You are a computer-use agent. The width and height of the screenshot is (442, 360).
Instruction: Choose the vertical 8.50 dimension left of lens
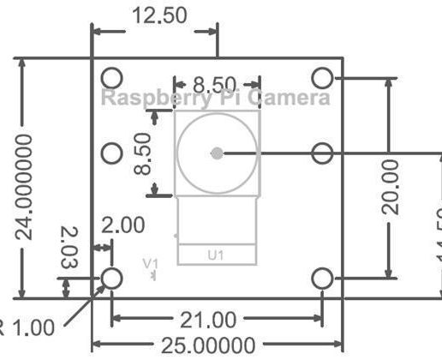point(142,153)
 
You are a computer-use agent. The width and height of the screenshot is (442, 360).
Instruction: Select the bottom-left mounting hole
point(112,278)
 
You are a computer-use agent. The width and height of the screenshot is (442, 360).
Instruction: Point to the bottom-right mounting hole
point(321,278)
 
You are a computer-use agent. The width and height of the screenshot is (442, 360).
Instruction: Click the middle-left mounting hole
point(112,153)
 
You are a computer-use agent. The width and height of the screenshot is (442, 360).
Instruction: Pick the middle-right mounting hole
point(321,153)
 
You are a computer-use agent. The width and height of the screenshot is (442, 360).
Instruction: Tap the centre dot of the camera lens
point(217,153)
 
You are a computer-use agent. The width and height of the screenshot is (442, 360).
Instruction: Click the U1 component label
point(216,255)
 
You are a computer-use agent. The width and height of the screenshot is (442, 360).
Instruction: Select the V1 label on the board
point(150,263)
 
